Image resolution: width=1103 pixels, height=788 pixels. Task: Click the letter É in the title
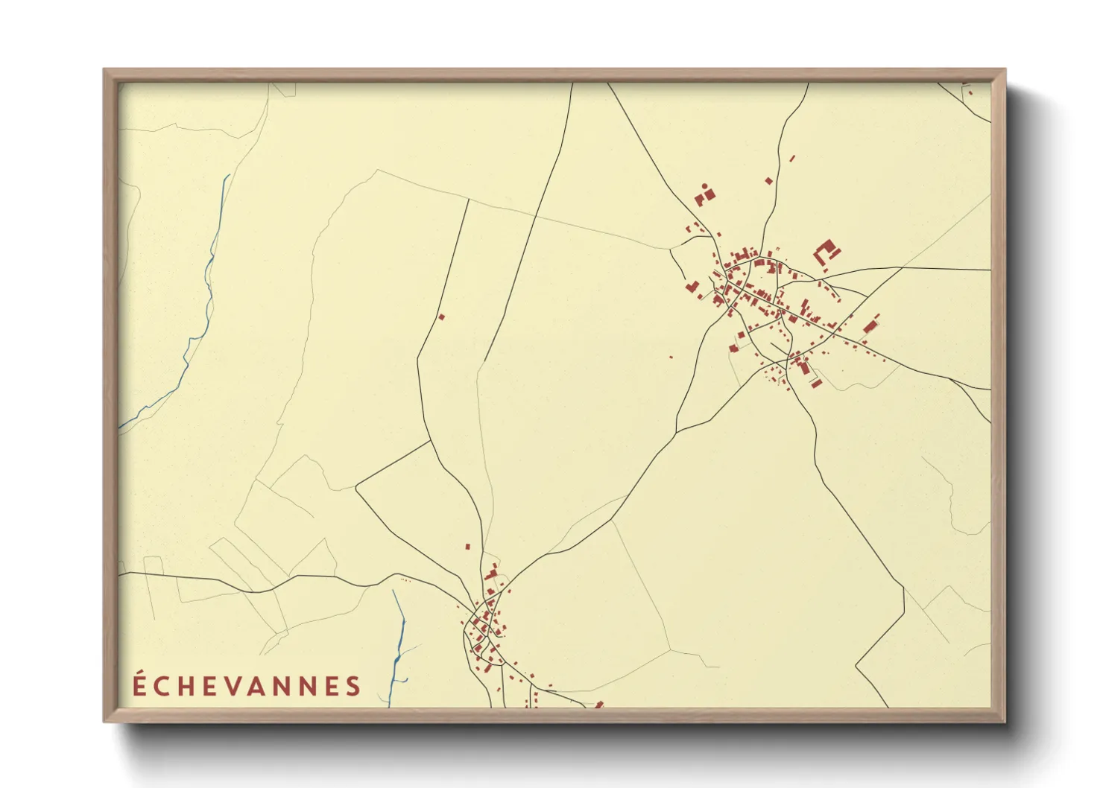click(139, 684)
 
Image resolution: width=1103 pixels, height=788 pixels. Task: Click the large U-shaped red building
click(826, 252)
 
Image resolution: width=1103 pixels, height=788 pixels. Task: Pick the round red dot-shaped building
click(704, 185)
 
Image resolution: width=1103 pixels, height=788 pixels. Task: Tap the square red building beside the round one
click(709, 194)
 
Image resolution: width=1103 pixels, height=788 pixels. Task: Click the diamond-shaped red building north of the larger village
click(768, 180)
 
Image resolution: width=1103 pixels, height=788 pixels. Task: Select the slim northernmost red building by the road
click(791, 158)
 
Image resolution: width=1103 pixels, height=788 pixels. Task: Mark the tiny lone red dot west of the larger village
click(671, 358)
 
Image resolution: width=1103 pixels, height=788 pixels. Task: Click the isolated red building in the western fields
click(441, 317)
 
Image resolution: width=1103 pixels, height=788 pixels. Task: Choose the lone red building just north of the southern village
click(467, 547)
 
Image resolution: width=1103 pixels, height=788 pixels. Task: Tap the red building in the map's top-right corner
click(970, 92)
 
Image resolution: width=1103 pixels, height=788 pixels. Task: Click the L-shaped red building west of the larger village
click(692, 287)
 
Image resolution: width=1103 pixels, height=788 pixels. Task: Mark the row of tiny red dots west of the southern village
click(405, 579)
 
